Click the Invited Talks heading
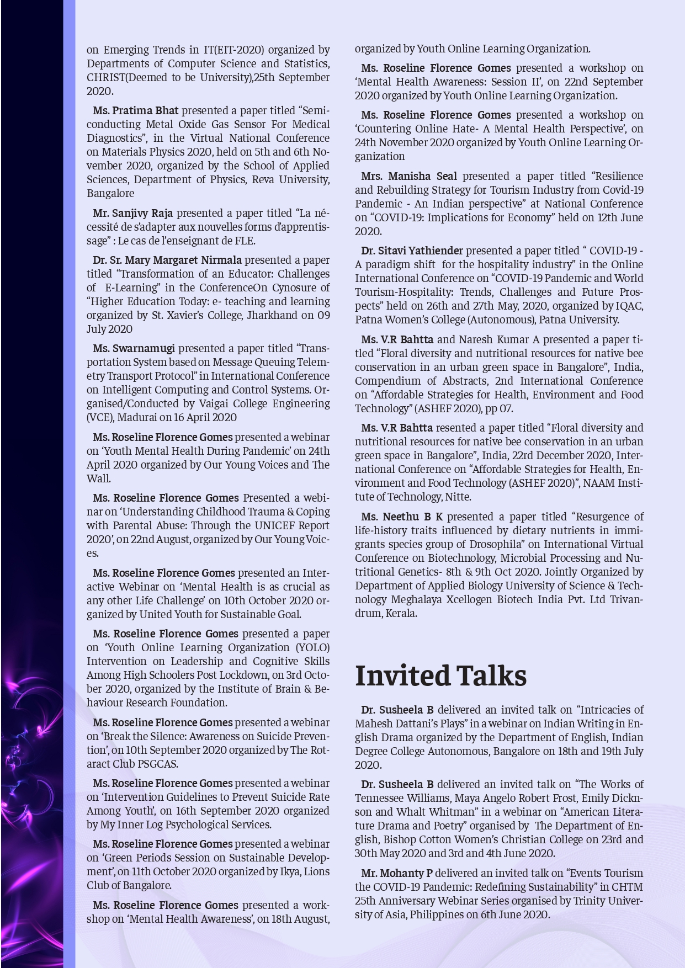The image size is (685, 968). (440, 676)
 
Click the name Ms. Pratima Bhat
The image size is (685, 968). (136, 110)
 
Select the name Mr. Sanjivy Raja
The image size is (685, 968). (132, 213)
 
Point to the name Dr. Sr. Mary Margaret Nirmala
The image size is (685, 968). (167, 260)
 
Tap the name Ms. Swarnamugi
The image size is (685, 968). (134, 348)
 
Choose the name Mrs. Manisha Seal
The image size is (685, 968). (409, 176)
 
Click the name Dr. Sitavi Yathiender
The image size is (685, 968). (412, 251)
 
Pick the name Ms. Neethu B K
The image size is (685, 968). (401, 517)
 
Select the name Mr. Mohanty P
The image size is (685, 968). (397, 873)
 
